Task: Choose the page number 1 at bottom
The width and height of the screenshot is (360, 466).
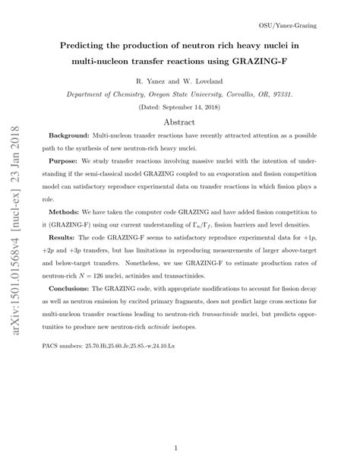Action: (x=180, y=449)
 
